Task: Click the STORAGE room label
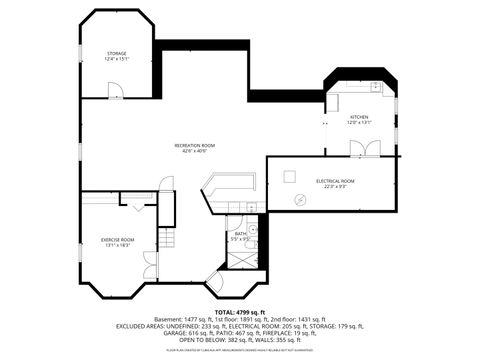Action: pos(117,53)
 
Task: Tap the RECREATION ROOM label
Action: pos(195,146)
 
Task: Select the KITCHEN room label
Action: pos(359,117)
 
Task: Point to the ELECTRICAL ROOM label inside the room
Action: pos(335,181)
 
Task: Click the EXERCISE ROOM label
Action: pos(117,239)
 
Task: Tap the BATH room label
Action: pos(240,234)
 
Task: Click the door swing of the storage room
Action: pos(116,91)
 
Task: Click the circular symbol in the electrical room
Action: pos(298,199)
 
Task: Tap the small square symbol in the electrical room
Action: pos(289,175)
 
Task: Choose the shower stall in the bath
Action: pos(242,258)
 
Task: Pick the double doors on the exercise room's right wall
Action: pos(151,265)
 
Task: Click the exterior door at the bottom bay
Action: pos(214,281)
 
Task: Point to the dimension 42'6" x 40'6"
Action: pos(195,152)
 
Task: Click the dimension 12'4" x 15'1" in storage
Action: pos(117,59)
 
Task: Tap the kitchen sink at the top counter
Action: pos(376,87)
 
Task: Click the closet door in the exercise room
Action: pos(137,204)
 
